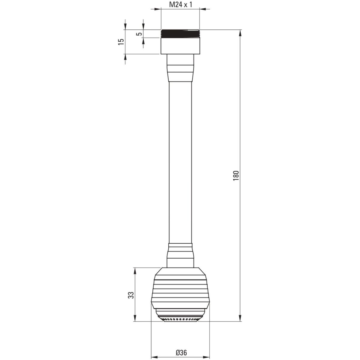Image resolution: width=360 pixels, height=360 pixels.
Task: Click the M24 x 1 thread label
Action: click(x=181, y=5)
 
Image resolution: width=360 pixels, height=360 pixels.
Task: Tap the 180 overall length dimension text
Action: click(x=236, y=175)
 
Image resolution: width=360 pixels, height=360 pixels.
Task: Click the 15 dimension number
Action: click(x=121, y=42)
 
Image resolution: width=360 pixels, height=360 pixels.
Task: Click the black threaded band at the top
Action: click(x=180, y=34)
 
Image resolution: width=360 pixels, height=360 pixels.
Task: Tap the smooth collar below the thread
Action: click(x=180, y=46)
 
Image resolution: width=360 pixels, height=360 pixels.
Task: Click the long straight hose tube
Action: click(x=180, y=163)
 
